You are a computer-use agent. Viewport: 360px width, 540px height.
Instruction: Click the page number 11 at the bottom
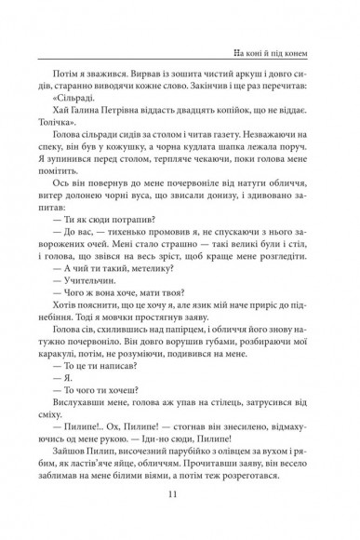(x=180, y=495)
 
